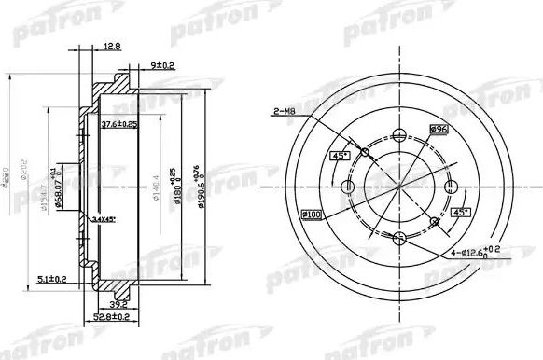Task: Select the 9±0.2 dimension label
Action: (x=164, y=64)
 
